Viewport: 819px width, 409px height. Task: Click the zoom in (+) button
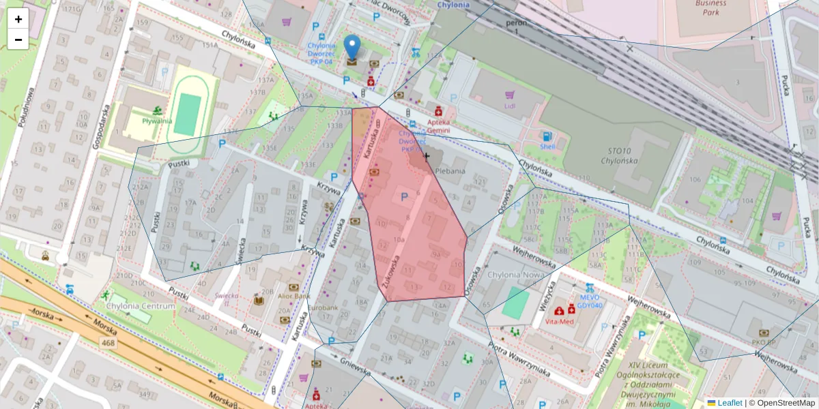[18, 19]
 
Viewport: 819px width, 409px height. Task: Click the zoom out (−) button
[18, 40]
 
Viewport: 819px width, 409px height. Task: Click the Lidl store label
[509, 106]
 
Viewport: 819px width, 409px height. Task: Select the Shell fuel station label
[547, 145]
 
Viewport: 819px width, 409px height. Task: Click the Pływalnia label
[157, 121]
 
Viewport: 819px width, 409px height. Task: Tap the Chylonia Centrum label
[141, 306]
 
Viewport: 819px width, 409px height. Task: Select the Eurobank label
[323, 308]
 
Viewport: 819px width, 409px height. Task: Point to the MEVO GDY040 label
[589, 301]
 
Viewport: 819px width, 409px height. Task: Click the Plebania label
[449, 171]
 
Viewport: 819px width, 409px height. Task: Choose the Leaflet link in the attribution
[729, 403]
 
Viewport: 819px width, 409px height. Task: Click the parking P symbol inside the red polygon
[403, 196]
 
